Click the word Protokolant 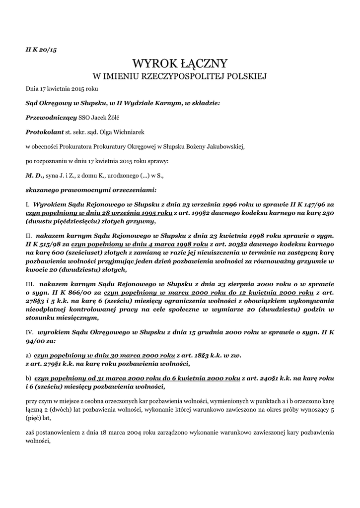tap(45, 132)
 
